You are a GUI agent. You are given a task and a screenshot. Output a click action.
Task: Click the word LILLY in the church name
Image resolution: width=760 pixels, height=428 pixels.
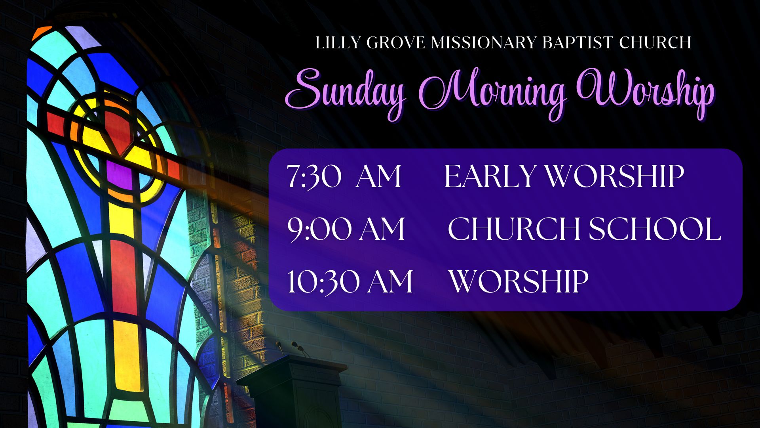click(x=338, y=43)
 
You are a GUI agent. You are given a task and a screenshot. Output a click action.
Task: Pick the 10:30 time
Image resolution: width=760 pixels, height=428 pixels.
click(x=323, y=282)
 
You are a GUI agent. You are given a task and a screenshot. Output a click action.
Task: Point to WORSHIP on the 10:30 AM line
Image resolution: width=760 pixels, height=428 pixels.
click(x=519, y=282)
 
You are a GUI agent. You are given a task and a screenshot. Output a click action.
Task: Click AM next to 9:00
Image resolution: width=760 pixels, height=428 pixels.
click(x=382, y=229)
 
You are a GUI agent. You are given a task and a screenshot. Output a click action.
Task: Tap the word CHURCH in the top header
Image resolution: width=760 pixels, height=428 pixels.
click(x=655, y=43)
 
